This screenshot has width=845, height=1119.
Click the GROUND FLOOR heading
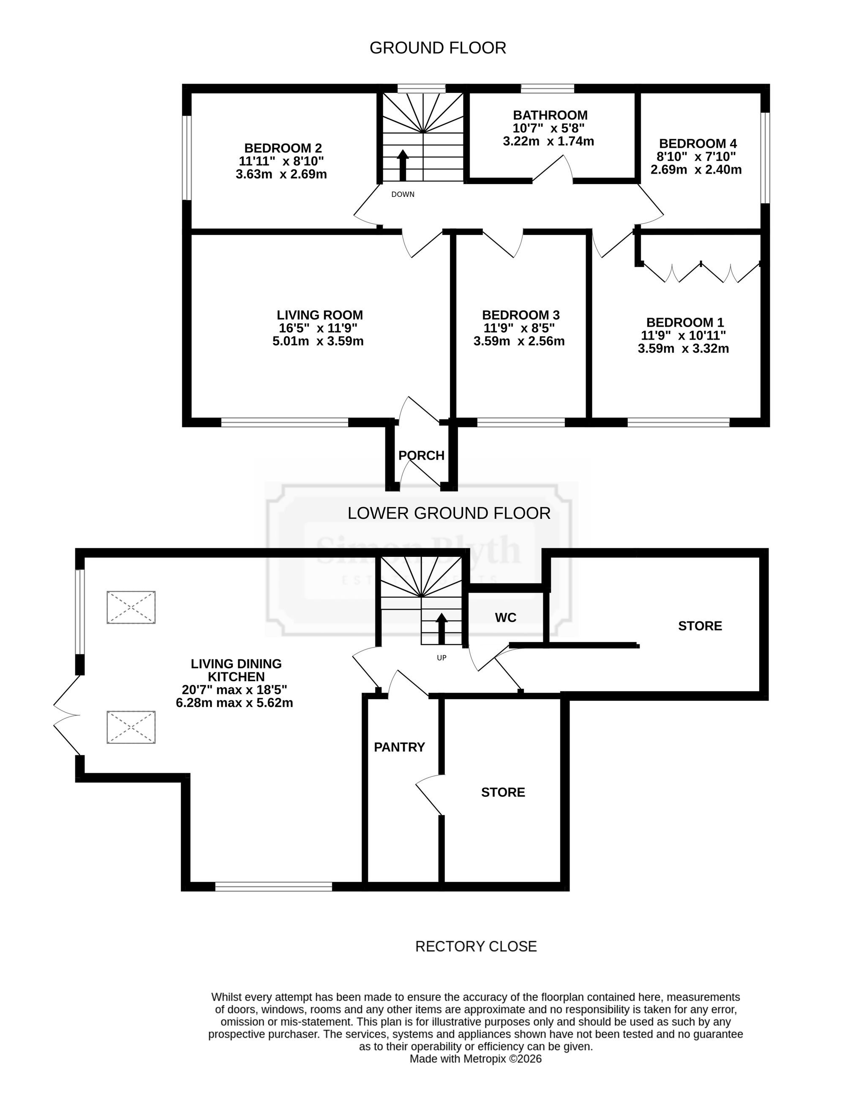click(438, 48)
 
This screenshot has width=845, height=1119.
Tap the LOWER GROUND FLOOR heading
click(449, 514)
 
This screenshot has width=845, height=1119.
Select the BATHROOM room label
click(550, 115)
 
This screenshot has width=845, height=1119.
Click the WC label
click(505, 617)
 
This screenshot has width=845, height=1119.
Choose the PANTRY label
click(399, 747)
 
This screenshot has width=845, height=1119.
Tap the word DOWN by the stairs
click(403, 194)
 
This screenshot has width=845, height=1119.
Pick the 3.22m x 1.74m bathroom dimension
click(548, 141)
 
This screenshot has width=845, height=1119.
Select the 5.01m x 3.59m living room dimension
click(318, 341)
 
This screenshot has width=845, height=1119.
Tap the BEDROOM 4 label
click(698, 144)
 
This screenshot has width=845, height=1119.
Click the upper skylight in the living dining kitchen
click(131, 607)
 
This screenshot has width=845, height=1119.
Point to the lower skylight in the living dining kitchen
click(131, 727)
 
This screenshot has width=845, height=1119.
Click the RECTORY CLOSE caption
click(476, 947)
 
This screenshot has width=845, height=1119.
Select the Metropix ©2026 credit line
click(476, 1059)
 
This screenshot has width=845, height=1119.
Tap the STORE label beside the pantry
click(503, 792)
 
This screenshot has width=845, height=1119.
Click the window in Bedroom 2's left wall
click(187, 158)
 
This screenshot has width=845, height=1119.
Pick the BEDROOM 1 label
click(685, 323)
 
